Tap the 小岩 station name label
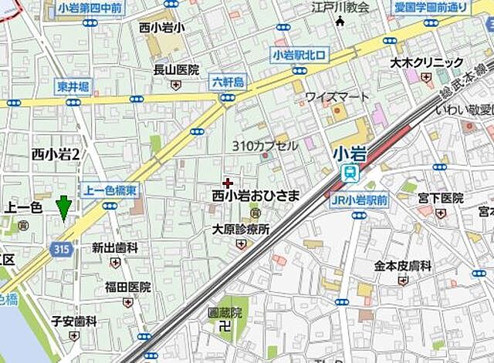[x=349, y=153]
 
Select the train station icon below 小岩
[x=350, y=173]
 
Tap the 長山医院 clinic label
[x=175, y=69]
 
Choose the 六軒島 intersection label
[x=228, y=82]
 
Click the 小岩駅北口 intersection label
[x=299, y=54]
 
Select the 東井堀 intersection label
[x=73, y=86]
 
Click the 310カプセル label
[x=265, y=145]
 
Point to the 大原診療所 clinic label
[x=241, y=229]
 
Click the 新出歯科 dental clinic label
[x=115, y=247]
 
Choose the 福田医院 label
[x=128, y=287]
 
